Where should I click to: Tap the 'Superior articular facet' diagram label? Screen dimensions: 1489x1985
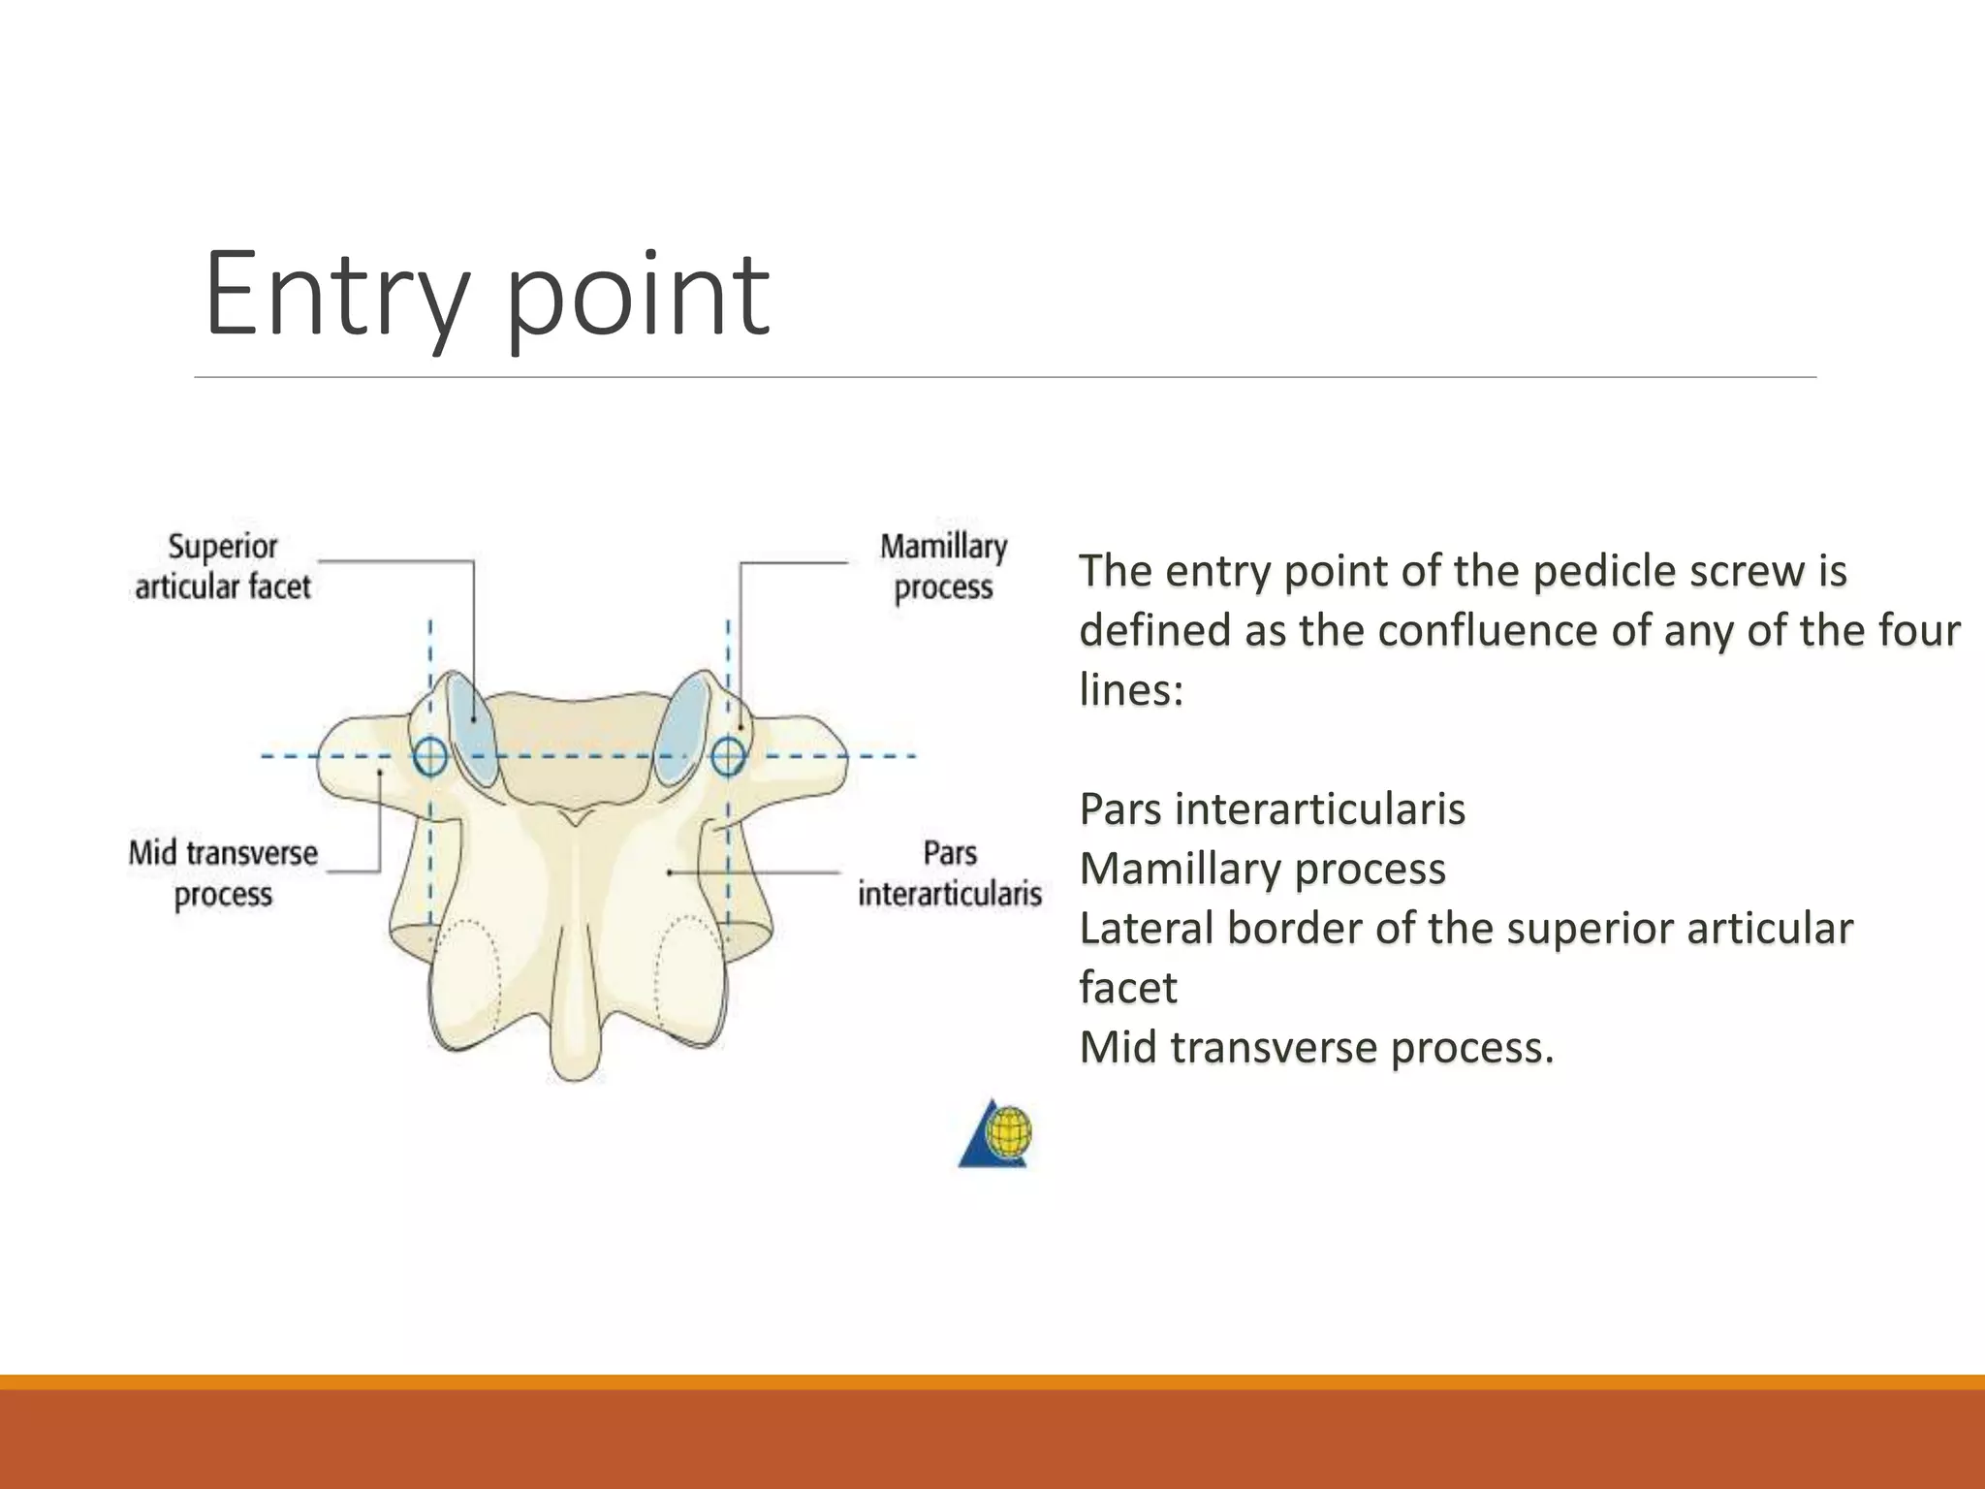point(223,567)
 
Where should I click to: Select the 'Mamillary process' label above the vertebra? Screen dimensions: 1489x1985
point(943,567)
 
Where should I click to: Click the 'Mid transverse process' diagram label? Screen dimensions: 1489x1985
point(223,873)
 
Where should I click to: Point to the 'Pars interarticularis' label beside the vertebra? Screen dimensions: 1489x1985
point(949,873)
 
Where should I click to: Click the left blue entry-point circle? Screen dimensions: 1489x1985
point(430,756)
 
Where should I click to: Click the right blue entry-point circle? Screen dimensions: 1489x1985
point(728,756)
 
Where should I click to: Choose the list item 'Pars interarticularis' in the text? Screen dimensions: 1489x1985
point(1272,809)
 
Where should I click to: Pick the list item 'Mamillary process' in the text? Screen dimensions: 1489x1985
point(1262,869)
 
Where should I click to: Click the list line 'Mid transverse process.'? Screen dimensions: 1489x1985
point(1316,1048)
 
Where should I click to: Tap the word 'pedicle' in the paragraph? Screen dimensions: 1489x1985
point(1604,572)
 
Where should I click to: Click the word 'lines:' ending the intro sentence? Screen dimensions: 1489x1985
point(1131,690)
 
